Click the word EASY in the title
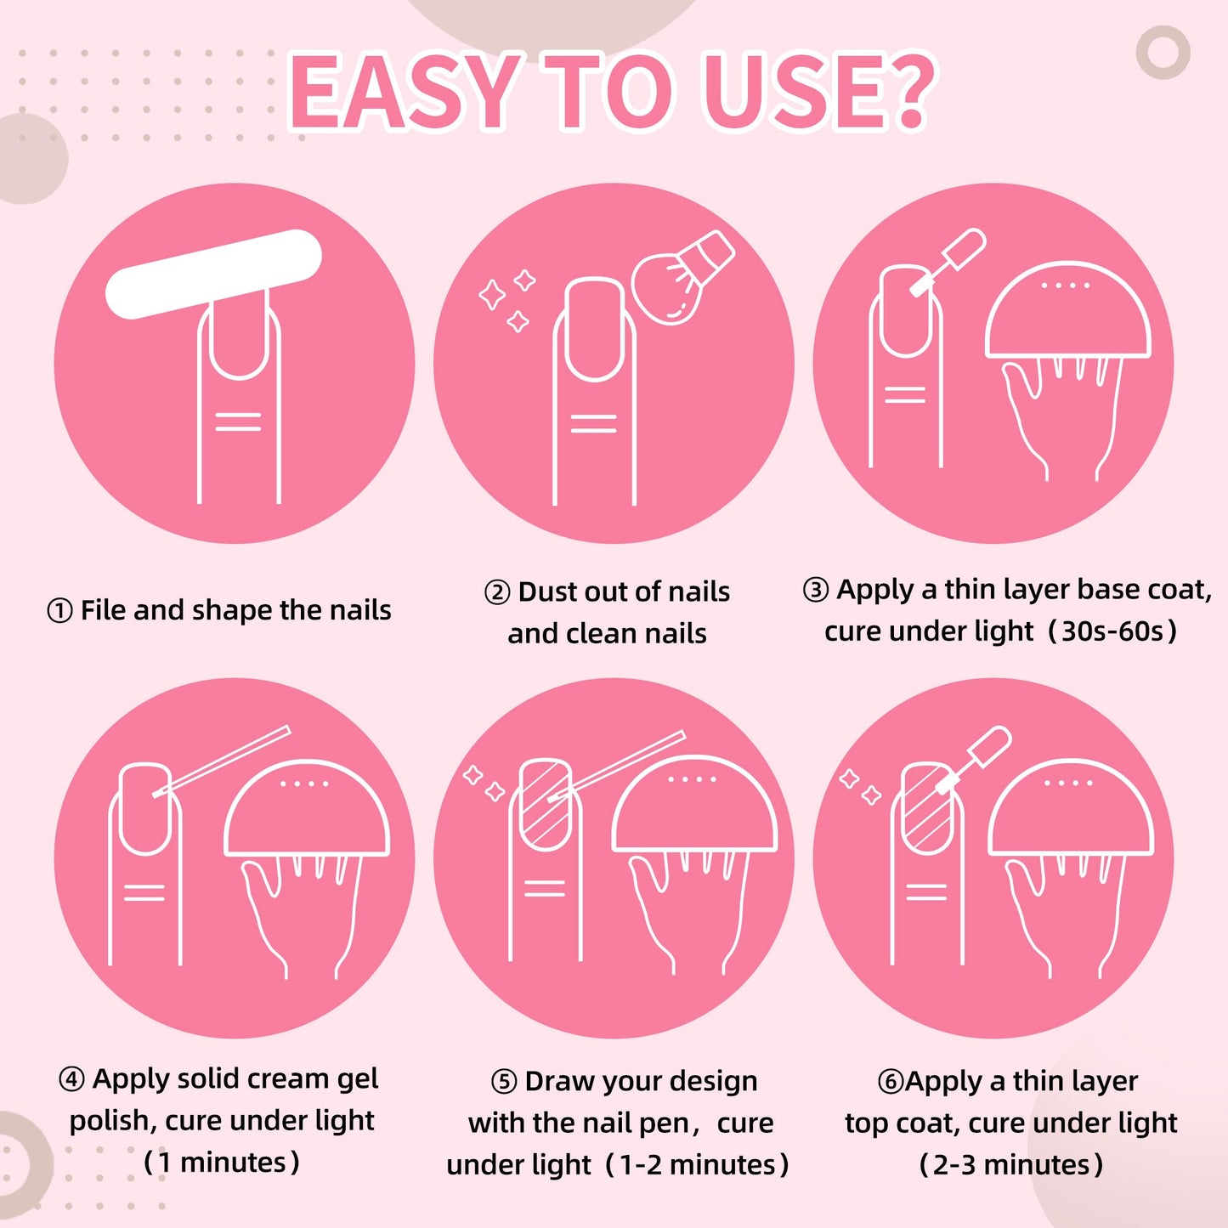pos(403,92)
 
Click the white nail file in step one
pos(213,274)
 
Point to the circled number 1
pos(59,611)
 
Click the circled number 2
pos(497,592)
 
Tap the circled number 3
pos(815,590)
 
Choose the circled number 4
pos(71,1079)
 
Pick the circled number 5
pos(504,1082)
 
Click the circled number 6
pos(891,1082)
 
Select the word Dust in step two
pos(547,592)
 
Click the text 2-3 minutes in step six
pos(1011,1164)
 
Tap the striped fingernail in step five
pos(545,804)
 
